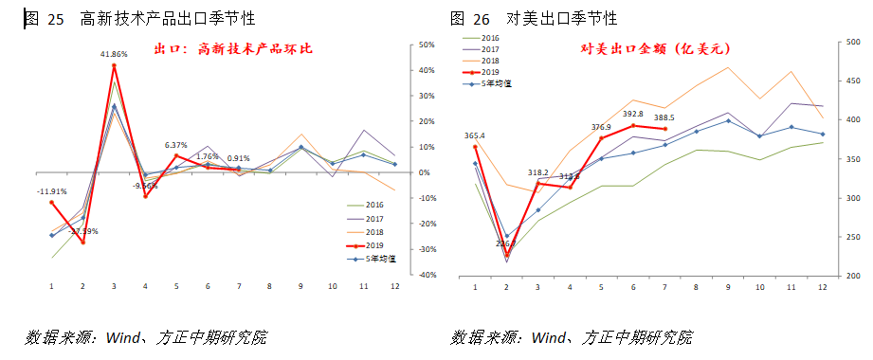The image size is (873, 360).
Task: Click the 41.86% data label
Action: [114, 55]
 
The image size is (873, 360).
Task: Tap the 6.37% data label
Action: [177, 145]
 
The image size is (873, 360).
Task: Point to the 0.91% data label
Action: [238, 158]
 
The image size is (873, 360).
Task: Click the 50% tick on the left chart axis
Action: [426, 45]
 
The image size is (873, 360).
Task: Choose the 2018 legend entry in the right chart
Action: [490, 60]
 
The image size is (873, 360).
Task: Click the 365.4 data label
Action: [475, 135]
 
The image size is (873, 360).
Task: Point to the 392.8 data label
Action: [633, 114]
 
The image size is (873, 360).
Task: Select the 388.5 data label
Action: [664, 117]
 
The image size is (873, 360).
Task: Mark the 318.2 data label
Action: [537, 172]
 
